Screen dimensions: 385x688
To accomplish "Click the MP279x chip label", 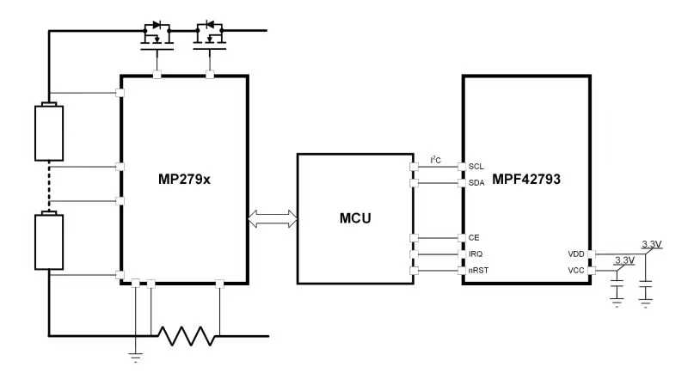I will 184,180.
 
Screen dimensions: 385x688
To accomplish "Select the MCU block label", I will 355,217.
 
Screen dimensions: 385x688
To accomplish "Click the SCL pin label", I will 476,166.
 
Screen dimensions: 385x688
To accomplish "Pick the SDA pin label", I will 476,182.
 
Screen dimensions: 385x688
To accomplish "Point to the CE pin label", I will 474,237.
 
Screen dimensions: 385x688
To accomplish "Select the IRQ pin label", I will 476,254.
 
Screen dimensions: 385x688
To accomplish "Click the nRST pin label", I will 478,272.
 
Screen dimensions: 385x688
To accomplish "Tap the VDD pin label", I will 575,254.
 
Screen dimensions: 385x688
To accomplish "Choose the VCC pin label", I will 575,272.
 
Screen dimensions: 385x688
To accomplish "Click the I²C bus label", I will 436,159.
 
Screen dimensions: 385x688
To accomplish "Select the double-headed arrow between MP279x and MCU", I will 272,219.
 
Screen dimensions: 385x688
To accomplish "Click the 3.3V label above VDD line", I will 651,246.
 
